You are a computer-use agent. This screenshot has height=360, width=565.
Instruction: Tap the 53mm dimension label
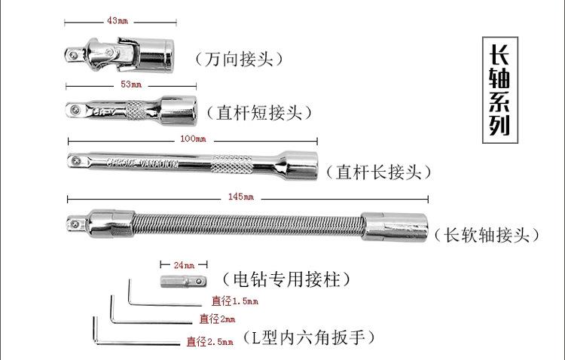coord(132,84)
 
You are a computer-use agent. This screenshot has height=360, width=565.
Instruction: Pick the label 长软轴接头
coord(488,236)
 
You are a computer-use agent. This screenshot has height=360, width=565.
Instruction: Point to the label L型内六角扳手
coord(308,337)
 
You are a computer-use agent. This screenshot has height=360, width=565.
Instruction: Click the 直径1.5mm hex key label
coord(234,301)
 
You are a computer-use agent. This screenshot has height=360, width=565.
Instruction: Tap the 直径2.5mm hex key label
coord(210,341)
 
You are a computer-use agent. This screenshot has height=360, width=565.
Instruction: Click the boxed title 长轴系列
coord(500,89)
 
